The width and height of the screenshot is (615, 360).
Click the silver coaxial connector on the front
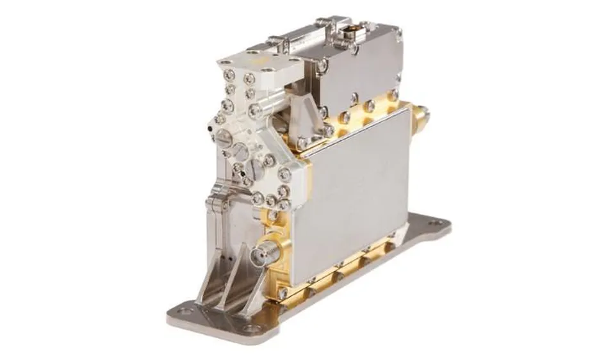coord(264,256)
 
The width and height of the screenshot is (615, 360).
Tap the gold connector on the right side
coord(420,118)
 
